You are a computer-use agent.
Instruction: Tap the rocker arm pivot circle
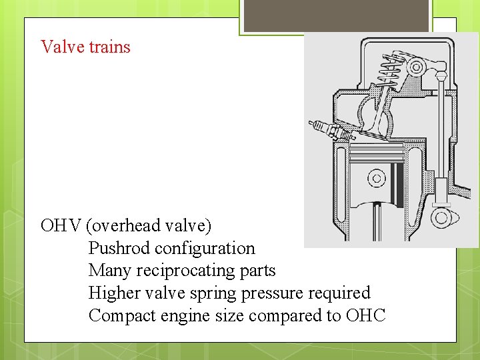[x=418, y=67]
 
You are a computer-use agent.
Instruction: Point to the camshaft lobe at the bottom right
[x=441, y=218]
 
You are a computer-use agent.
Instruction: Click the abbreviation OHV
[x=61, y=225]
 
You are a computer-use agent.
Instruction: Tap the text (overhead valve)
[x=149, y=225]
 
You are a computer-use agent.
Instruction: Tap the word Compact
[x=122, y=315]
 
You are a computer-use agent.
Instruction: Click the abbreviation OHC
[x=365, y=315]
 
